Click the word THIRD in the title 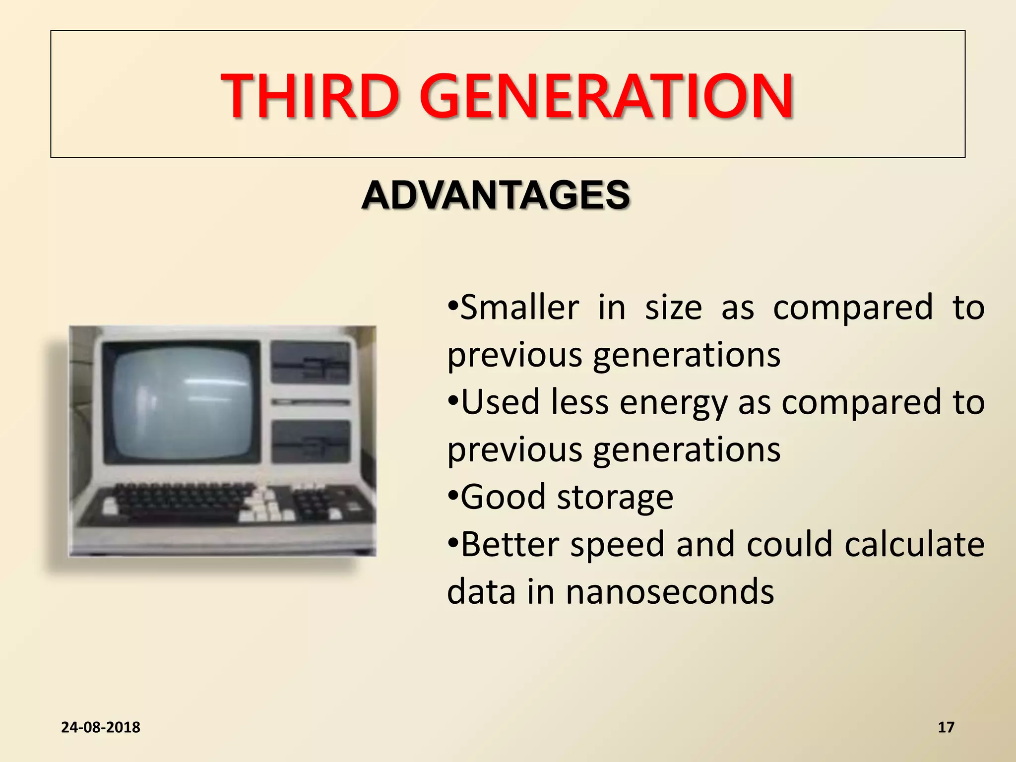310,96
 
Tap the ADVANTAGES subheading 496,195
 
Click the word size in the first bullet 673,308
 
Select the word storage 615,498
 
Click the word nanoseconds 670,592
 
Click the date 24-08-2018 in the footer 101,727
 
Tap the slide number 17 946,727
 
